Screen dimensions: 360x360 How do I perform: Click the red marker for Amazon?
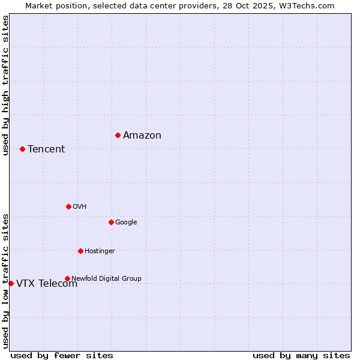coord(118,135)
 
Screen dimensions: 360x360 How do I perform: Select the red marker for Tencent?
coord(22,149)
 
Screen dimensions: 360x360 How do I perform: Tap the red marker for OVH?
coord(68,206)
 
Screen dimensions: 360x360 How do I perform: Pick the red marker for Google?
coord(111,222)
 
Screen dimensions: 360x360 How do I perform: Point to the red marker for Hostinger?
coord(80,251)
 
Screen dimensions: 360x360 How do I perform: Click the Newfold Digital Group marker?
coord(67,278)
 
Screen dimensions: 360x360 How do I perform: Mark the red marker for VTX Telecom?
coord(11,283)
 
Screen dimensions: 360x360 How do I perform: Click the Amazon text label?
coord(142,136)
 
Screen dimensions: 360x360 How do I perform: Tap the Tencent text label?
coord(46,149)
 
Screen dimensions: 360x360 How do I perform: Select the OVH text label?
coord(80,207)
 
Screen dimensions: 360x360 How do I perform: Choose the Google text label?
coord(126,223)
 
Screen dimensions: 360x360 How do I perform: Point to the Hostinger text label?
coord(100,251)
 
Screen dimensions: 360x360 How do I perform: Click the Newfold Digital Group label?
coord(106,278)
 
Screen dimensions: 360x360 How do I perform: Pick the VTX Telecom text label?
coord(47,284)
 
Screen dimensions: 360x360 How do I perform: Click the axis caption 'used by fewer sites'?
coord(62,355)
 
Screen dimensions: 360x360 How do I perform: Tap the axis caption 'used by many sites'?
coord(301,355)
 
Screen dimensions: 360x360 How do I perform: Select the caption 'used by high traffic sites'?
coord(5,85)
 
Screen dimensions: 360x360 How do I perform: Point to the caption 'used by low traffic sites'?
coord(5,280)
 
